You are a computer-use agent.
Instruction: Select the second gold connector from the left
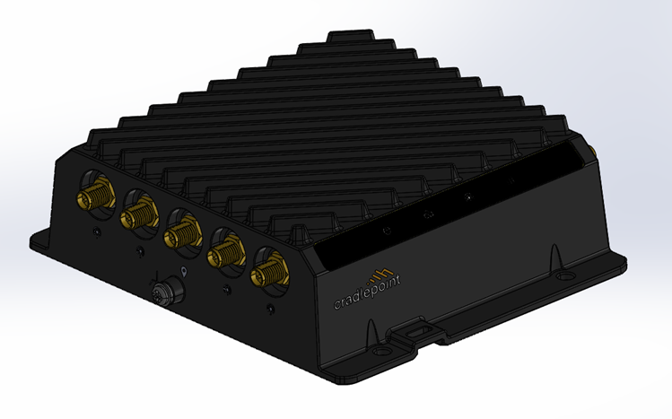coord(137,213)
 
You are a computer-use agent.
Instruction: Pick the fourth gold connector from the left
coord(221,255)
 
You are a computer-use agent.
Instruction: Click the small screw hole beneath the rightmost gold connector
coord(268,310)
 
